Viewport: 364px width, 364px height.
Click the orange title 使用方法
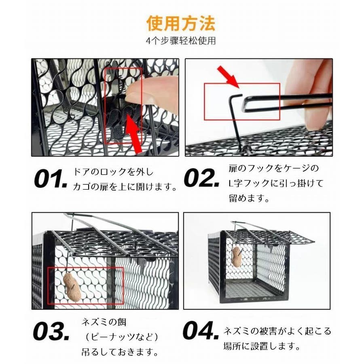pos(181,23)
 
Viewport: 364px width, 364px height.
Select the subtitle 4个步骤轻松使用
pos(181,40)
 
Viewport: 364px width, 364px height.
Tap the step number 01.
pos(50,179)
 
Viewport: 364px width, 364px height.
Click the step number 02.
pos(201,178)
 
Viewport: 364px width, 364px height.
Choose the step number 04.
pos(201,330)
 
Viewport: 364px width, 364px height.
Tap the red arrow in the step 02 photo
pos(228,76)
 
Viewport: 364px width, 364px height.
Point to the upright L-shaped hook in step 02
pos(236,121)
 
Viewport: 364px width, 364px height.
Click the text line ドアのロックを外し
pos(114,172)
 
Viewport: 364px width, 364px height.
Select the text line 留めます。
pos(249,198)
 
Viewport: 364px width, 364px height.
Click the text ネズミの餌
pos(104,322)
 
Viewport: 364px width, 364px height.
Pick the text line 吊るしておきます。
pos(120,352)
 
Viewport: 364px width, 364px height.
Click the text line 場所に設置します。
pos(262,346)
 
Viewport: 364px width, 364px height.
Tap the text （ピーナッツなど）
pos(122,337)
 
